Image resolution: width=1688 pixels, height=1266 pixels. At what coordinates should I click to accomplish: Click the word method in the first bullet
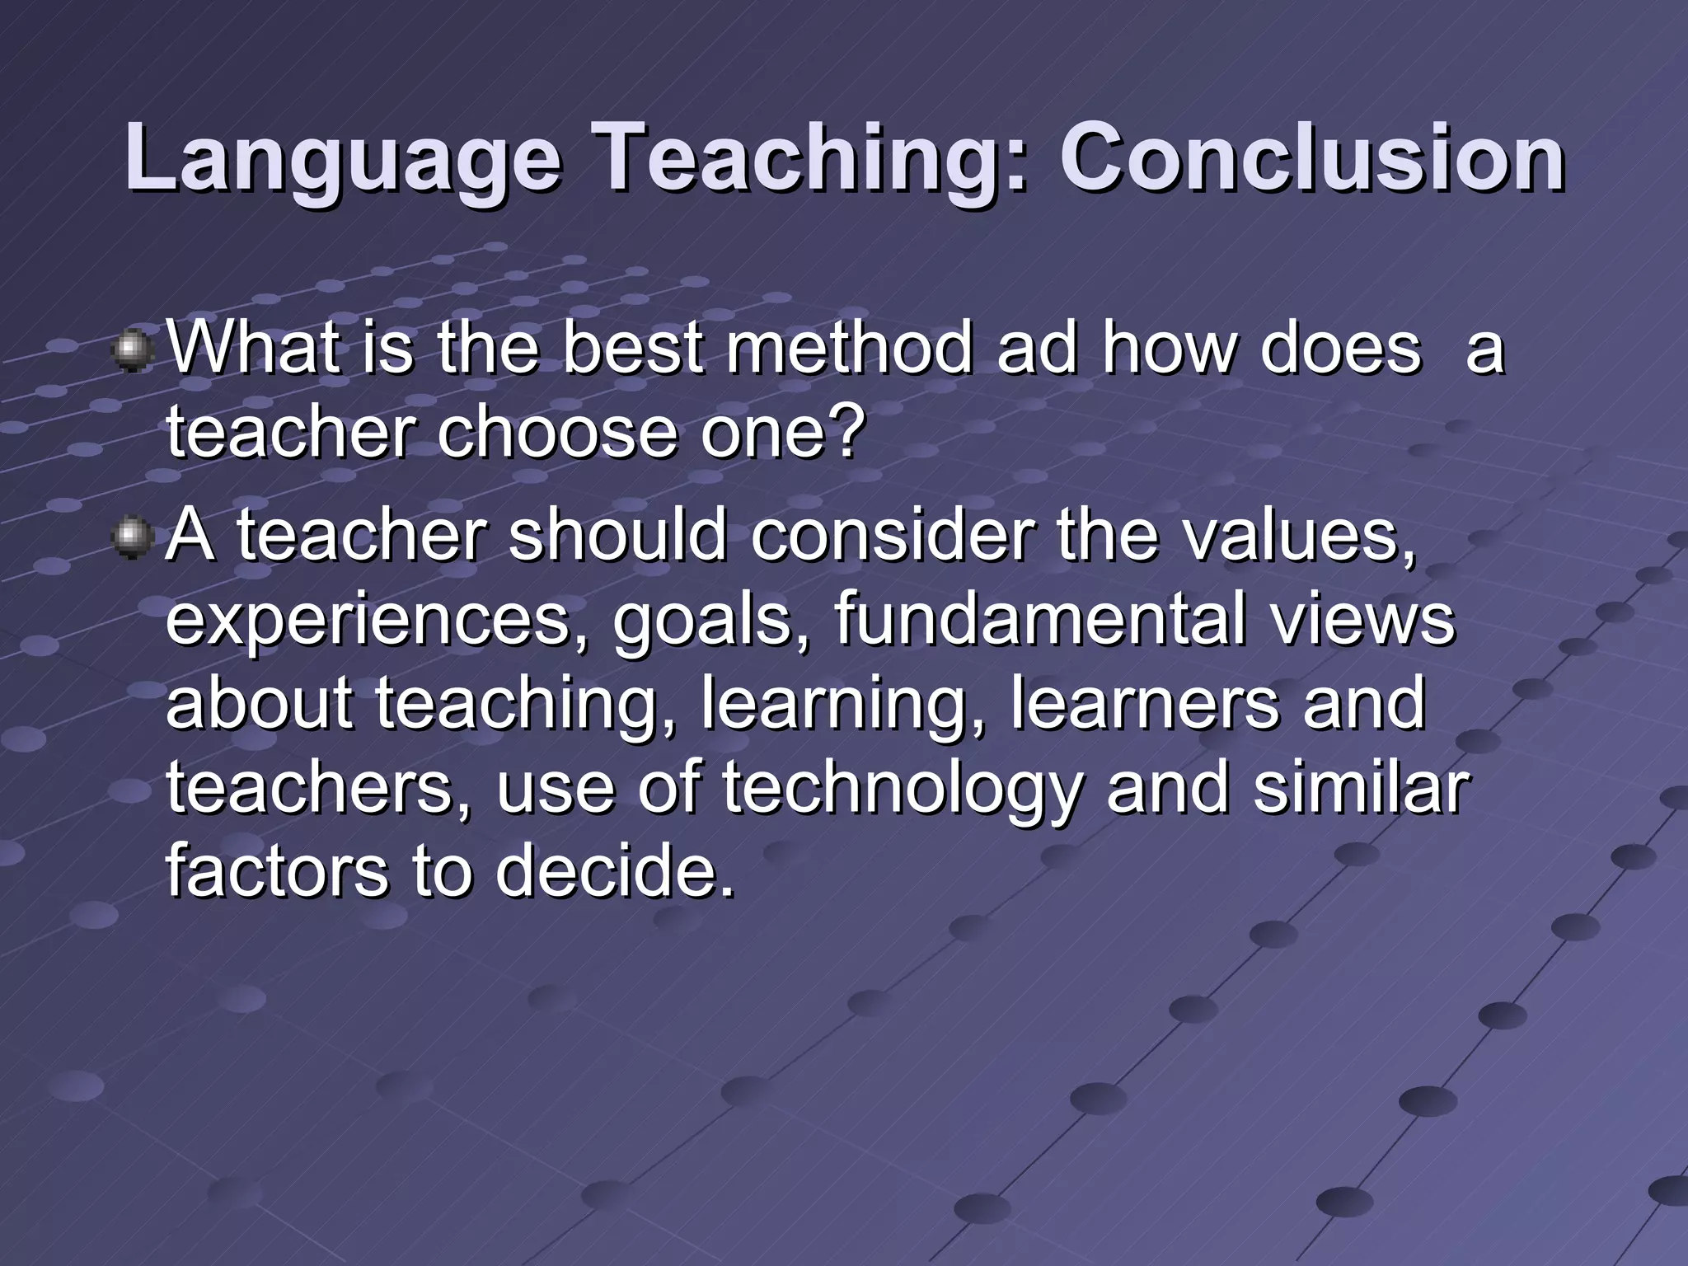[850, 349]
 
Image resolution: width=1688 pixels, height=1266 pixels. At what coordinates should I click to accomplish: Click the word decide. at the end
[614, 872]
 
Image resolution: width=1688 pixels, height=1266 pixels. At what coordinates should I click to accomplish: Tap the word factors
[277, 872]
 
